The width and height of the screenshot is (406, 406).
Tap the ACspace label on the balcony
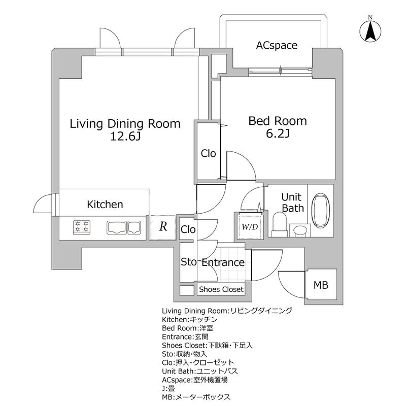(276, 46)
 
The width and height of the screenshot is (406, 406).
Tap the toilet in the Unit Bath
(280, 222)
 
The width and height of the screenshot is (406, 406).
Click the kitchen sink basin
(118, 227)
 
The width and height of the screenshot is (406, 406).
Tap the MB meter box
(320, 285)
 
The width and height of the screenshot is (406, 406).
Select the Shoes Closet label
(221, 289)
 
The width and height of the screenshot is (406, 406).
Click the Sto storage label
(189, 262)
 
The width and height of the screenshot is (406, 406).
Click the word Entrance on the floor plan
(223, 263)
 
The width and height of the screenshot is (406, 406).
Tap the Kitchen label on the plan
(105, 205)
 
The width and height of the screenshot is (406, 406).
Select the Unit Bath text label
(292, 202)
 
